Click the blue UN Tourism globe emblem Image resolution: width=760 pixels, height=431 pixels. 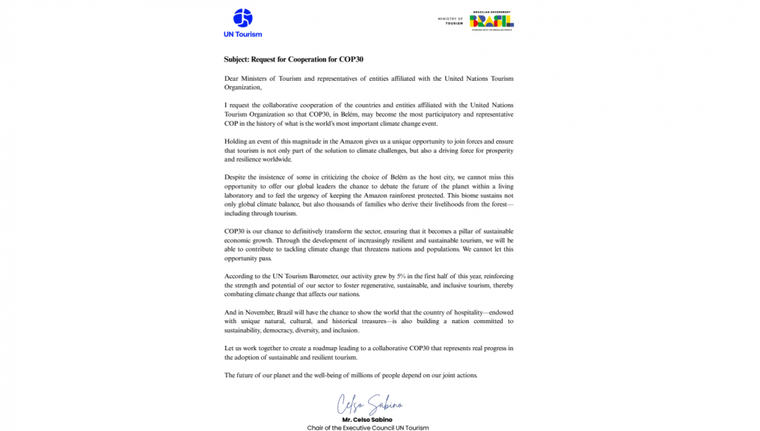243,18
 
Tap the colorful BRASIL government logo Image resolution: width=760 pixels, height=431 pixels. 492,21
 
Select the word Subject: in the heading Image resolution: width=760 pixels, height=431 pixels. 239,59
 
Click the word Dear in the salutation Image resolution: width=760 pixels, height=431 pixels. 232,79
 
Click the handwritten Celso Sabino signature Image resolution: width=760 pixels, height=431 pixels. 367,404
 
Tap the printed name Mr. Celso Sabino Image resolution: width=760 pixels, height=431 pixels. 368,420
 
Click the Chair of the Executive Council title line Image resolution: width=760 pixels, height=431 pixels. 368,428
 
